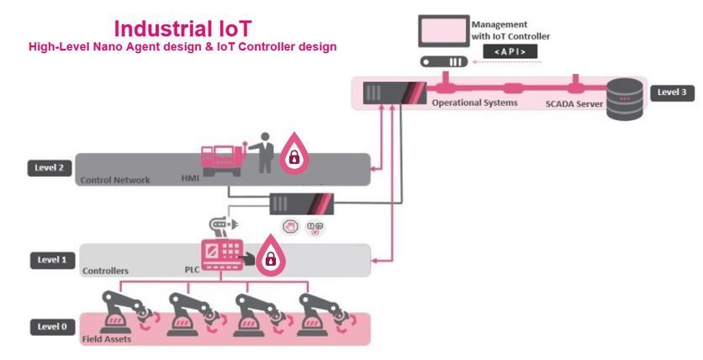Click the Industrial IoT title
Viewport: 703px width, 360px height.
coord(182,29)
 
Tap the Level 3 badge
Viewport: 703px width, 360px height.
coord(671,92)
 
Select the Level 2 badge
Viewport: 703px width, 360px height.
coord(49,168)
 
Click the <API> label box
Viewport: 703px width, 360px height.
coord(509,51)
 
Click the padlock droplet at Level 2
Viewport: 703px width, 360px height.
coord(293,153)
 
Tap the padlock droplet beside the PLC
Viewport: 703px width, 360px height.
coord(270,257)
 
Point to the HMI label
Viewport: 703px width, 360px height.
coord(190,179)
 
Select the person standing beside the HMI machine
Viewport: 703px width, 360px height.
coord(265,152)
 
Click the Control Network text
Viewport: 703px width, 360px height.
coord(114,180)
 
